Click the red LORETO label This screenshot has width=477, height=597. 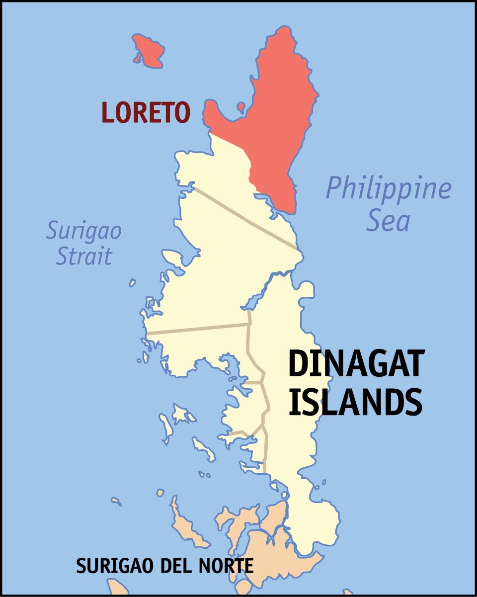point(146,112)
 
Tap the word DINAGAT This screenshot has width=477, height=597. point(356,364)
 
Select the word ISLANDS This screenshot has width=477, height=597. point(355,402)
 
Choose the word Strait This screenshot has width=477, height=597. point(84,256)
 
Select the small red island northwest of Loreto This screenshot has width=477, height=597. point(148,51)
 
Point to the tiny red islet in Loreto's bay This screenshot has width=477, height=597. point(241,106)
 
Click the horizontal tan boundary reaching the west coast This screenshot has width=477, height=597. point(199,329)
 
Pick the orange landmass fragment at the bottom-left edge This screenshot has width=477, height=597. point(118,588)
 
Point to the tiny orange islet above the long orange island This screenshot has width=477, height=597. point(160,493)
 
